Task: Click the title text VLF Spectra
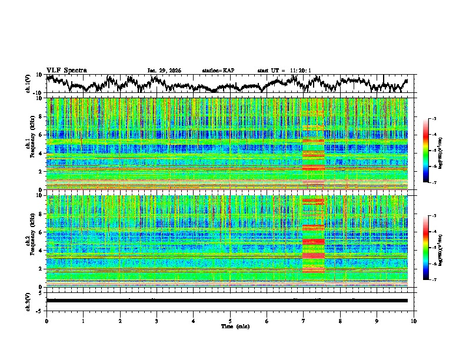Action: (x=66, y=70)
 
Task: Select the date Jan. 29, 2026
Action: (x=164, y=71)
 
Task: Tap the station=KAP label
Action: (x=218, y=71)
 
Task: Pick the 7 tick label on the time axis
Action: (x=304, y=321)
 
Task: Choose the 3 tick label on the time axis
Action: (x=157, y=321)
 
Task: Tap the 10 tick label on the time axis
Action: (x=414, y=321)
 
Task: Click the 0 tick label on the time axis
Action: (x=46, y=321)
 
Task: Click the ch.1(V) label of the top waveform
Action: (x=29, y=84)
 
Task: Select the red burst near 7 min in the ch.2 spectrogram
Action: (x=313, y=241)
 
